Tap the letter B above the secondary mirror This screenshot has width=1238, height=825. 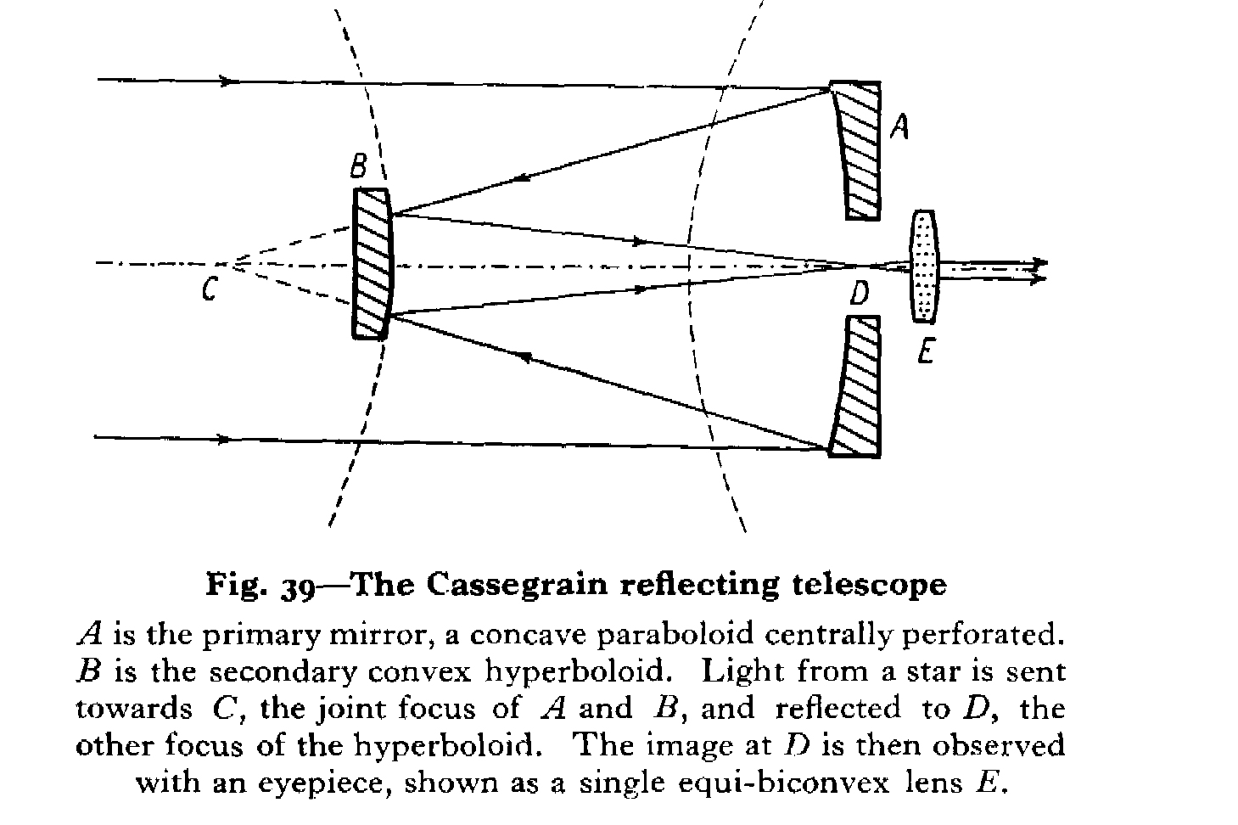(359, 166)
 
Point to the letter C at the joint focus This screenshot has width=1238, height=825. (209, 291)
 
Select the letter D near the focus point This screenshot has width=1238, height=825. (859, 295)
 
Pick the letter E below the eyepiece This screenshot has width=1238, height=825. (926, 351)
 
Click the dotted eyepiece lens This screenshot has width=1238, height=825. (923, 267)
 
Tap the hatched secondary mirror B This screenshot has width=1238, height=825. (372, 264)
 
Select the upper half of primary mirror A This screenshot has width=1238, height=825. (858, 149)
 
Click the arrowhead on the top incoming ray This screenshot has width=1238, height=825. (226, 81)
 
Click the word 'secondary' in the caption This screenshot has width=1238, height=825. (284, 671)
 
